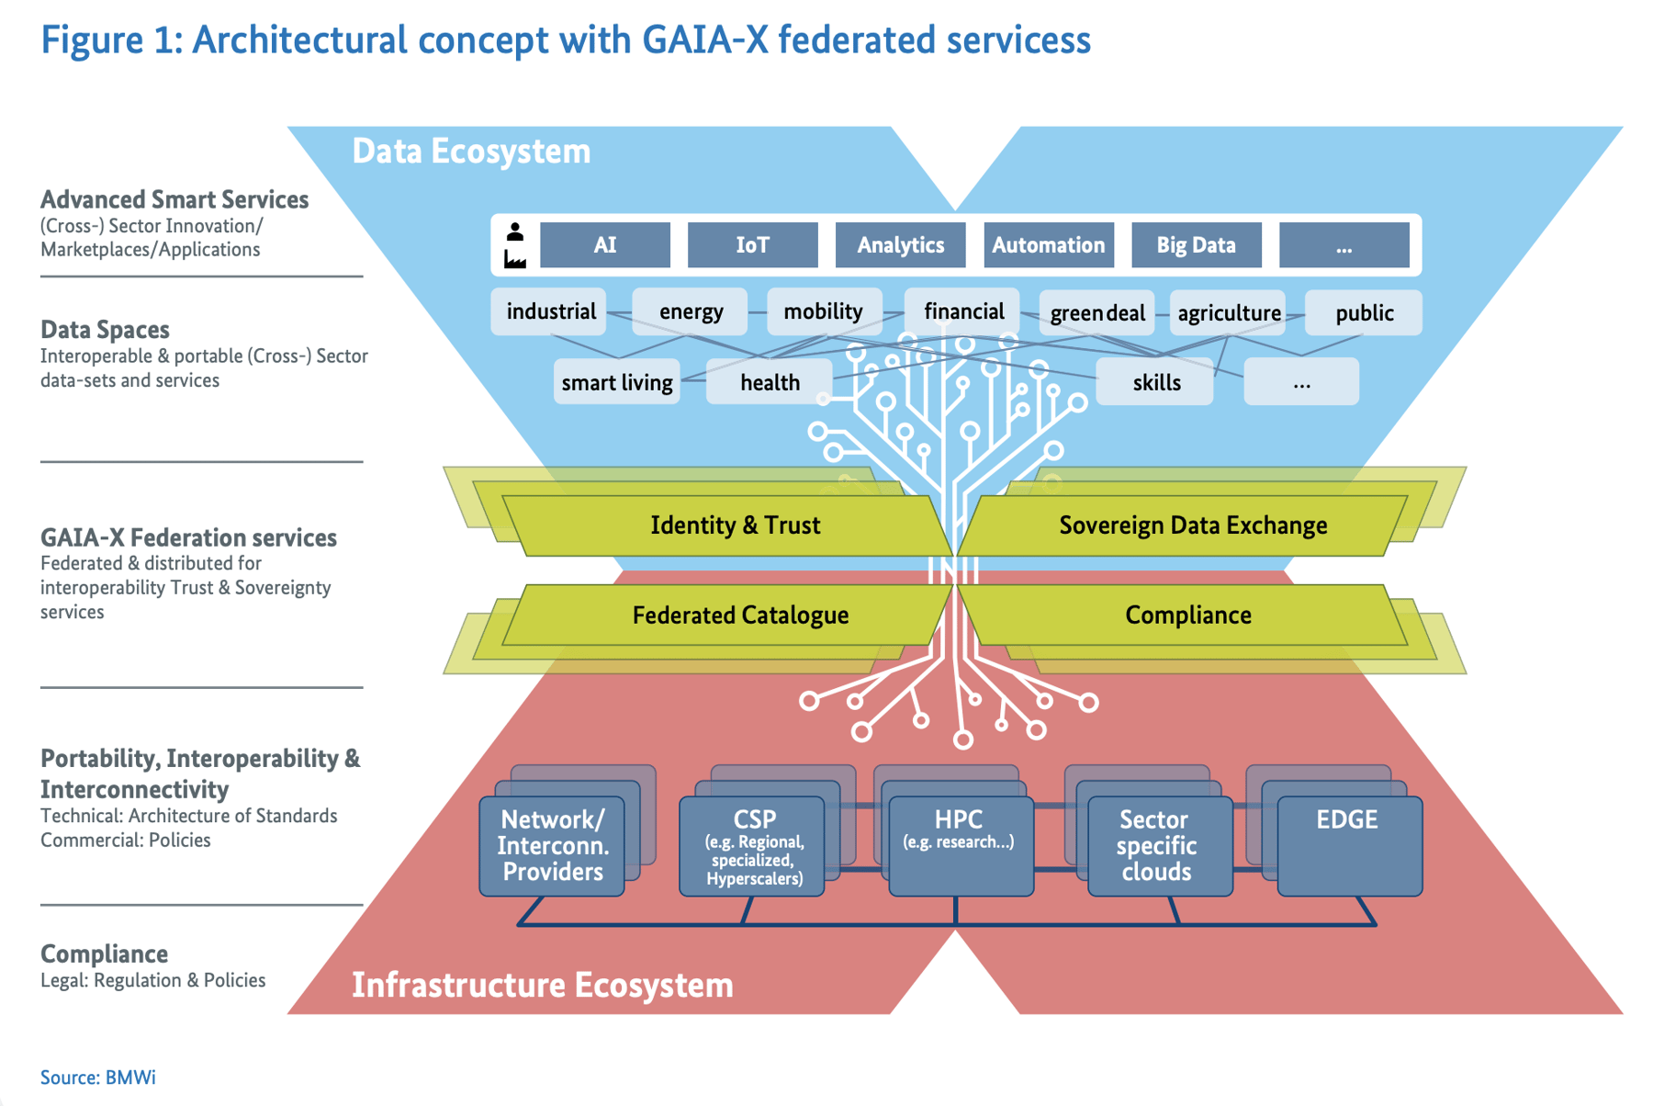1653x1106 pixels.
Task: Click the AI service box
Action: (x=604, y=245)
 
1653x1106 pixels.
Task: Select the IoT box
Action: (x=752, y=245)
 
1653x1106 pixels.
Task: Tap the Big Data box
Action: (x=1195, y=245)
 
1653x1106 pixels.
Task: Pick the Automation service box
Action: (x=1048, y=245)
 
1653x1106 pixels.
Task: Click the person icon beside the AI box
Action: (x=515, y=231)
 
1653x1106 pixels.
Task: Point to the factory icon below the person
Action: (x=515, y=260)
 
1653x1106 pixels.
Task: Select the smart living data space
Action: (x=616, y=382)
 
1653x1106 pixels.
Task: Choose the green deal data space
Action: (x=1096, y=313)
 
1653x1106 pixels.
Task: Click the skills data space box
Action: (x=1155, y=382)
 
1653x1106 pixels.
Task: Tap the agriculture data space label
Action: (x=1228, y=313)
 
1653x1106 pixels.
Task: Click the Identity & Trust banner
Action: (x=735, y=525)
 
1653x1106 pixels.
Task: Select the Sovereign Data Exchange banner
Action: (x=1192, y=525)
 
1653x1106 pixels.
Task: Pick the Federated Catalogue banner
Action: (x=739, y=615)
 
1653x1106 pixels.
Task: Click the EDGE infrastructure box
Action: (x=1348, y=845)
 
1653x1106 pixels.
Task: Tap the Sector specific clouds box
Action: (x=1157, y=845)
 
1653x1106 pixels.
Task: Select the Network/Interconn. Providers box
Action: (x=552, y=845)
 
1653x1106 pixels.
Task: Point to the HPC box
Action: (x=960, y=845)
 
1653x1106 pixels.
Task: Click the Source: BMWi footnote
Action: (x=97, y=1077)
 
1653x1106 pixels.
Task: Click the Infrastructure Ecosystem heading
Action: (x=542, y=985)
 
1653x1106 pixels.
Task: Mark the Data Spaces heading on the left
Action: (x=105, y=330)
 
